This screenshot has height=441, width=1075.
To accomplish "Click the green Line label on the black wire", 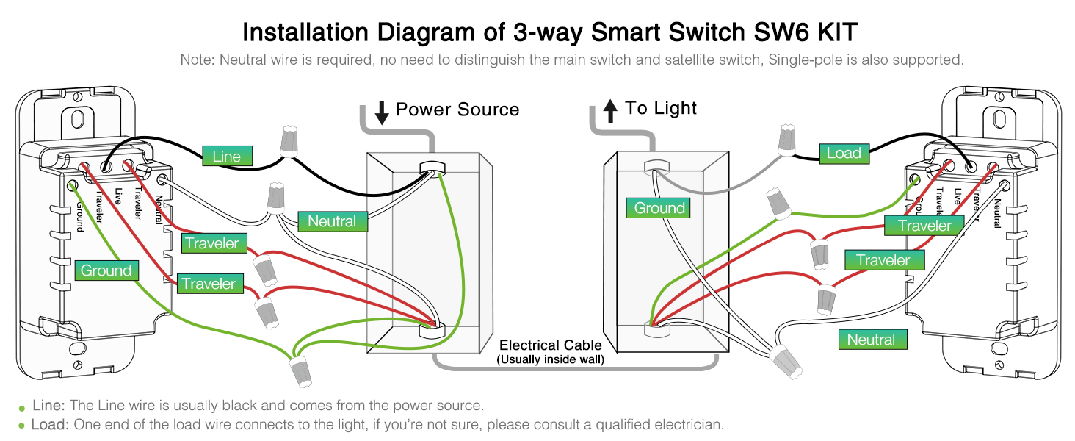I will point(227,156).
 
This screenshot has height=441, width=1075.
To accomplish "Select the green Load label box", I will point(843,153).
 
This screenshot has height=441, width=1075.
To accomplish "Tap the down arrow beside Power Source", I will point(382,112).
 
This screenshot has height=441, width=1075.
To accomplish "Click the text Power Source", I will point(457,110).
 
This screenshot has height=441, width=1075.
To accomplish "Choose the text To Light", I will point(661,108).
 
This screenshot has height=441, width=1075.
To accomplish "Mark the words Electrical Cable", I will point(550,345).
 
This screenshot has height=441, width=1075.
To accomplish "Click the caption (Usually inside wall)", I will point(550,359).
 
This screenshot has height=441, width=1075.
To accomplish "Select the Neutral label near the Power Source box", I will point(331,221).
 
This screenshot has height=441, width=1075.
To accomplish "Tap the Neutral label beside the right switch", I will point(871,340).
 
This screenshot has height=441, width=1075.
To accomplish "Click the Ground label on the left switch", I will point(106,270).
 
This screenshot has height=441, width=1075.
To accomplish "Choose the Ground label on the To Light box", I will point(659,208).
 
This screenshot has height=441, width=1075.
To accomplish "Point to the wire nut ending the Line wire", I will point(291,141).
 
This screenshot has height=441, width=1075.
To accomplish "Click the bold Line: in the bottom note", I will point(49,406).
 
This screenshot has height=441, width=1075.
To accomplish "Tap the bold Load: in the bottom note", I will point(50,425).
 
